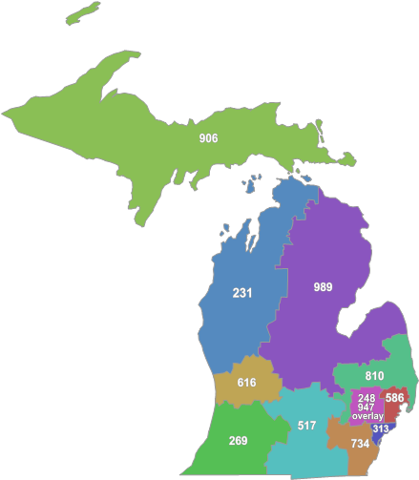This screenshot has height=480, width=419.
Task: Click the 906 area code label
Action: (208, 138)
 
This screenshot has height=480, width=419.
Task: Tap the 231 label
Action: (242, 293)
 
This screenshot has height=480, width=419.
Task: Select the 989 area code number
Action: (324, 286)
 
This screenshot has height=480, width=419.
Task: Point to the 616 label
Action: (246, 383)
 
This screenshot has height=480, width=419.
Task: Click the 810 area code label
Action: (374, 376)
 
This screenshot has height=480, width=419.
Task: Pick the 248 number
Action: (367, 397)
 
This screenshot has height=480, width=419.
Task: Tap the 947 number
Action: (367, 407)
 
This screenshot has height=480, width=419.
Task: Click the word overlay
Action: (367, 416)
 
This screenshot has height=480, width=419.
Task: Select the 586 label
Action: (394, 397)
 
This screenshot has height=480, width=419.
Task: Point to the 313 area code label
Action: (381, 429)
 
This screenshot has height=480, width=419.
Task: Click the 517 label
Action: (306, 426)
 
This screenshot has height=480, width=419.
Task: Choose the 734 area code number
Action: (359, 444)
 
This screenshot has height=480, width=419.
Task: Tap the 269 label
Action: (238, 441)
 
